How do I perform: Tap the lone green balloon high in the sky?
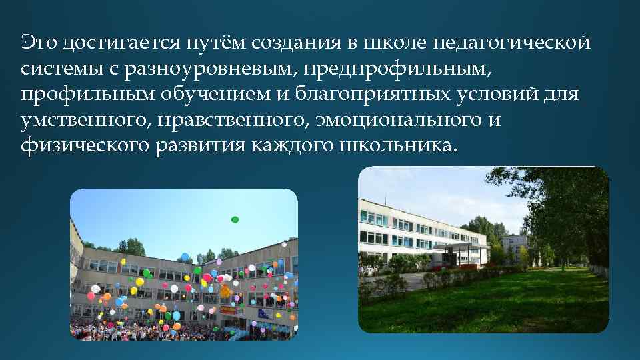tap(235, 219)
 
